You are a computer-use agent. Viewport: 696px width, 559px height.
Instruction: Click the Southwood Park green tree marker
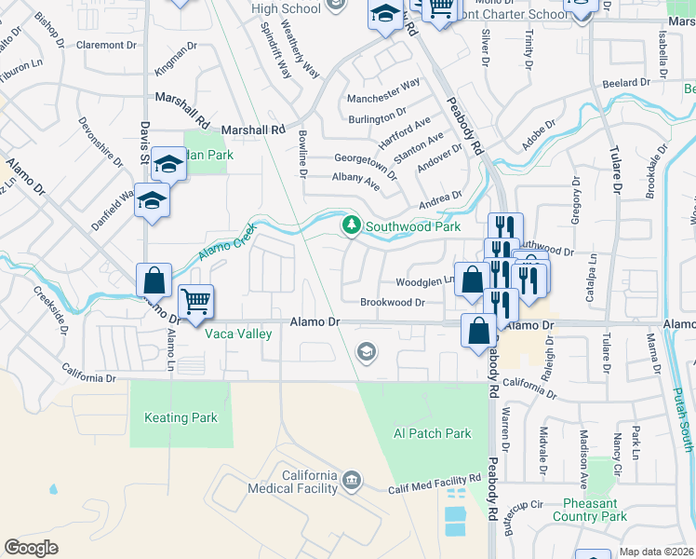pos(351,225)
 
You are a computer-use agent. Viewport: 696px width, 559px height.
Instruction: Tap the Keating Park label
pos(181,418)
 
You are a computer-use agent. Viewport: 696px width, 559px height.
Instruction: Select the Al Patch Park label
pos(432,433)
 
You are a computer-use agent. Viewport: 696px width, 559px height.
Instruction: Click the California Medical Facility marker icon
pos(351,481)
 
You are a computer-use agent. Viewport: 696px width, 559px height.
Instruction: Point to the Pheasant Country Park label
pos(589,510)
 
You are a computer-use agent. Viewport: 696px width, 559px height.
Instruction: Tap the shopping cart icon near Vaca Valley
pos(195,301)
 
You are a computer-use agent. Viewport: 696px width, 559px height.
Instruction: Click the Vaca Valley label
pos(238,334)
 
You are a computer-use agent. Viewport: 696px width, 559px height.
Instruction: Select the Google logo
pos(31,548)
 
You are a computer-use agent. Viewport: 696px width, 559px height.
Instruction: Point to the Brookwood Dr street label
pos(392,302)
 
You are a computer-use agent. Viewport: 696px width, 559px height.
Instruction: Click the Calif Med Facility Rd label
pos(434,484)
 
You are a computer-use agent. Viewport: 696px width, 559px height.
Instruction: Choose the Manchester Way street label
pos(383,90)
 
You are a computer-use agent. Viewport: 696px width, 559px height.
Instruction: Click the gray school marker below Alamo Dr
pos(367,350)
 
